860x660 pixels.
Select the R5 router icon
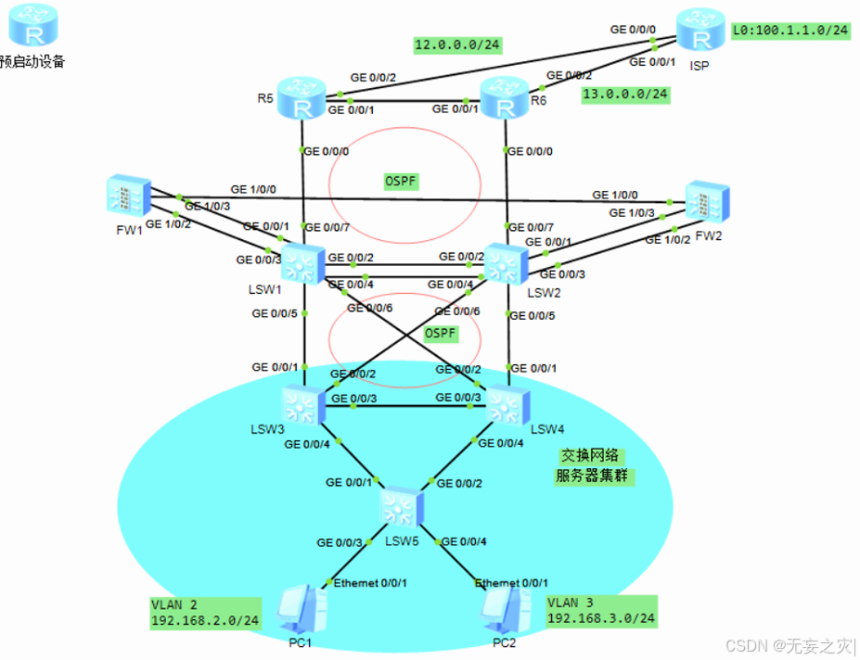tap(303, 101)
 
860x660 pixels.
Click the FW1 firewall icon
tap(125, 197)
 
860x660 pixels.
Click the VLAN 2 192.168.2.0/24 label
tap(205, 613)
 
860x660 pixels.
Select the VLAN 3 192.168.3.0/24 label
tap(601, 611)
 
